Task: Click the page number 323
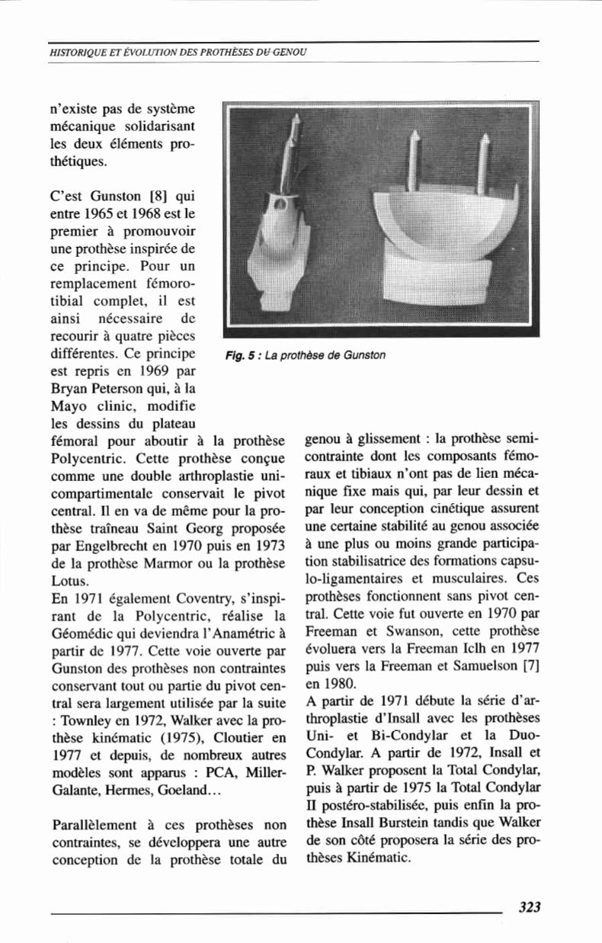coord(529,906)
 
